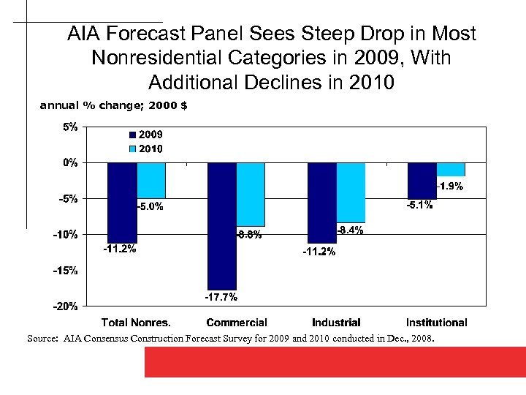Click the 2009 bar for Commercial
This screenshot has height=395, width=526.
[x=222, y=226]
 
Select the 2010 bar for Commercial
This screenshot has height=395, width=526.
[x=251, y=194]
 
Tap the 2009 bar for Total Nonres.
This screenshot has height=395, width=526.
[x=122, y=202]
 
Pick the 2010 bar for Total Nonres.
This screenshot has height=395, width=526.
[x=151, y=180]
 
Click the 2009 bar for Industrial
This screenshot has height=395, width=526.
[x=322, y=202]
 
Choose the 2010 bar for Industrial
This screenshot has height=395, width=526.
[x=351, y=192]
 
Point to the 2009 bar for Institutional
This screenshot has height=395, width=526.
[x=422, y=180]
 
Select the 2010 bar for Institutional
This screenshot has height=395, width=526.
[x=451, y=169]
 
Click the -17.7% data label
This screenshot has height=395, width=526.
[x=220, y=298]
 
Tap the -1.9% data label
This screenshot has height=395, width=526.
[x=449, y=187]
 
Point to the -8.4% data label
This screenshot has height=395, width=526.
[x=349, y=230]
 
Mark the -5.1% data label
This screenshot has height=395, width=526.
[x=419, y=206]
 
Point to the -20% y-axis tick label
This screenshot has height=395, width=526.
[x=65, y=306]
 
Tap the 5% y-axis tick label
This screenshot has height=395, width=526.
[x=70, y=127]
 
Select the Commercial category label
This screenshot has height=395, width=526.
[x=237, y=323]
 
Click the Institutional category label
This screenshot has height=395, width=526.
[x=437, y=323]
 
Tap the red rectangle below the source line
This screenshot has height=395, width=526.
[x=335, y=362]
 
